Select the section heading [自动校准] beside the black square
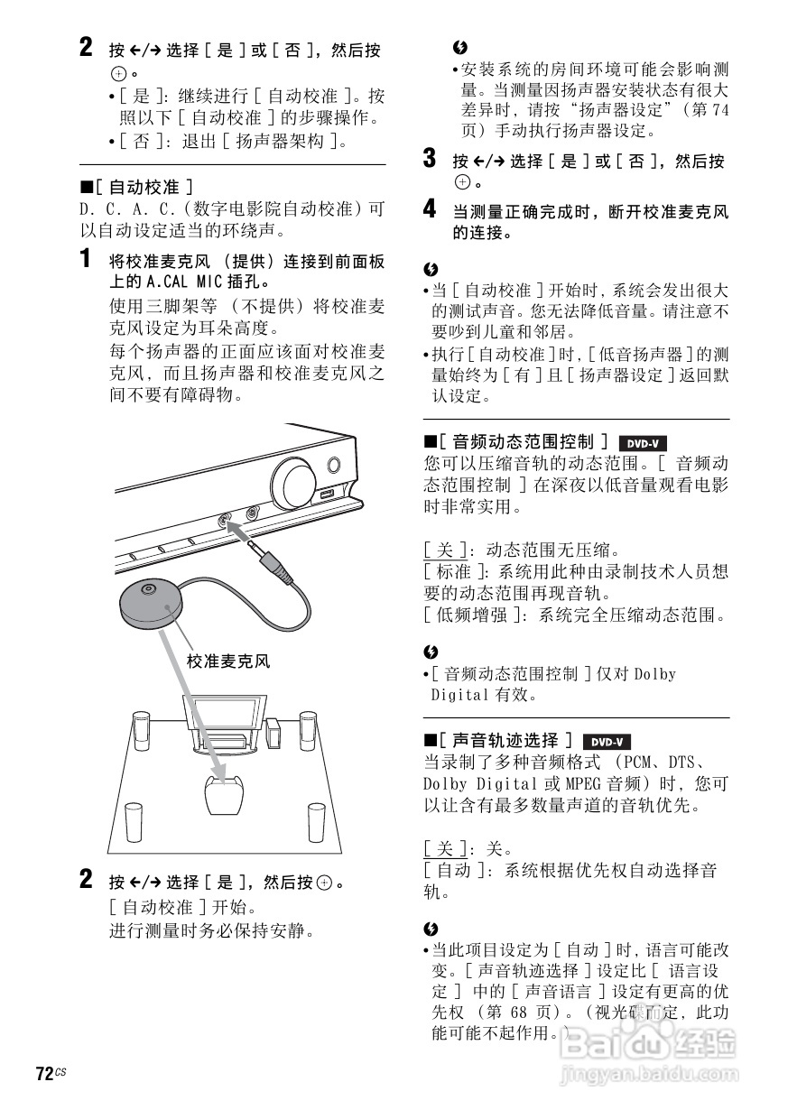point(144,187)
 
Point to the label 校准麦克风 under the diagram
point(227,661)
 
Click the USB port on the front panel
point(326,494)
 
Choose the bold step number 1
point(86,261)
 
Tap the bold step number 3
point(431,161)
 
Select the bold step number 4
point(431,211)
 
